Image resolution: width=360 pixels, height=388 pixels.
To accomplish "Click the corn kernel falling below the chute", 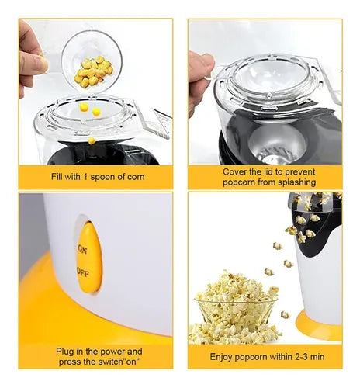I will [x=92, y=140].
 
